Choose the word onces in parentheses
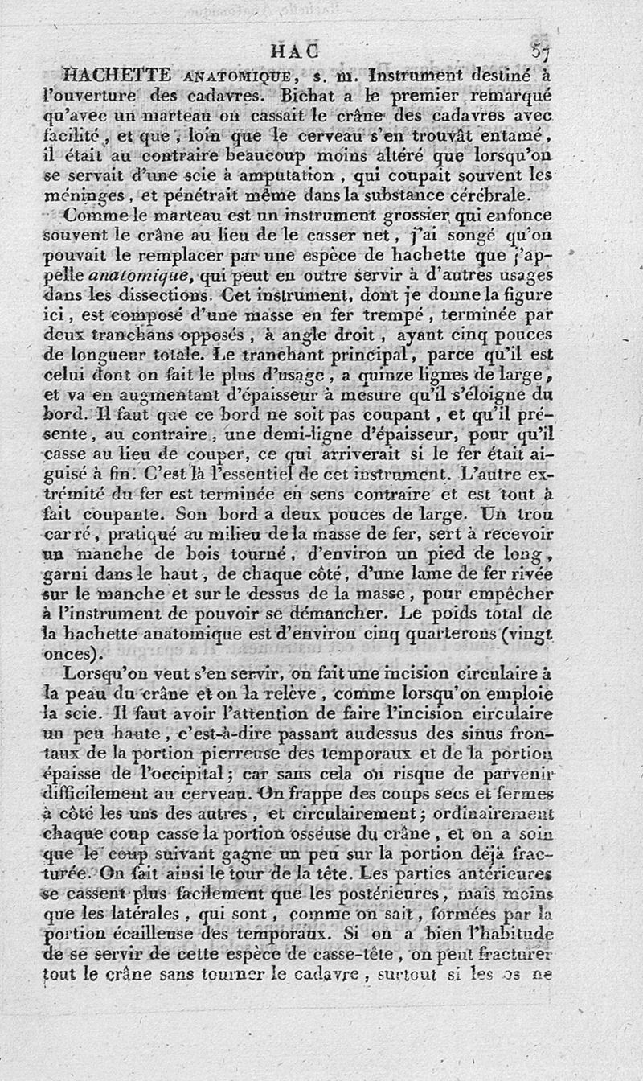82,653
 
